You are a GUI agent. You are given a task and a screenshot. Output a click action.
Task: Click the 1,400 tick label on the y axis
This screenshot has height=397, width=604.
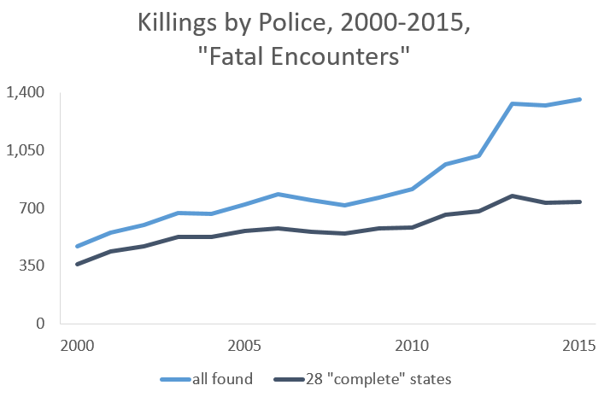tap(26, 92)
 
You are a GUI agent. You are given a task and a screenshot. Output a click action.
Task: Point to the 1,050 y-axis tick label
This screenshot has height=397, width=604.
tap(26, 150)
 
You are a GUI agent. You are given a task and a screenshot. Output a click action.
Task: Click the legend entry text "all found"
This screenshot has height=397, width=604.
tap(223, 378)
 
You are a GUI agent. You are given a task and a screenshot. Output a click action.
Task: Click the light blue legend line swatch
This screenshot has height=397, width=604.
tap(173, 378)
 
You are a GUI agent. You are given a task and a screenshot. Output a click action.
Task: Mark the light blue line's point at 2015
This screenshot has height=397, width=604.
tap(580, 99)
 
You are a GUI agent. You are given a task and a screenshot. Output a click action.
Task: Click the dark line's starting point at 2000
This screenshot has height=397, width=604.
tap(77, 265)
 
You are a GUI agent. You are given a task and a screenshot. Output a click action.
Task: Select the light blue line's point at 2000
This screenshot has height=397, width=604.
tap(77, 247)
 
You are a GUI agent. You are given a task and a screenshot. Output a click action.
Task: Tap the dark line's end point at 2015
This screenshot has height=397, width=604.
tap(580, 201)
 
